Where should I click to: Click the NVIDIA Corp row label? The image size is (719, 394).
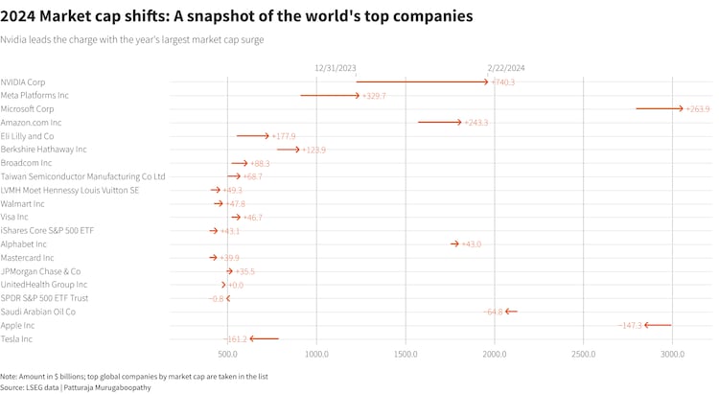click(23, 82)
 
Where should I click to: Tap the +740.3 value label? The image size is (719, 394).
click(502, 82)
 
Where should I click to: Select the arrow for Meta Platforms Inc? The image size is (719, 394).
click(331, 96)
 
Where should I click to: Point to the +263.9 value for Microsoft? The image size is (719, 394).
click(697, 109)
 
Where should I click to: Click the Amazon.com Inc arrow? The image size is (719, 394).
click(440, 123)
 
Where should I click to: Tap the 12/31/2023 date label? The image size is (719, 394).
click(336, 68)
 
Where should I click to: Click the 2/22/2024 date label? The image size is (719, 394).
click(506, 68)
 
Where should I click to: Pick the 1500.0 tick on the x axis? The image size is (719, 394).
click(406, 354)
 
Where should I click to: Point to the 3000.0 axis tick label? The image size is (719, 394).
click(672, 354)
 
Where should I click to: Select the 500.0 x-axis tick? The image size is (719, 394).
click(228, 354)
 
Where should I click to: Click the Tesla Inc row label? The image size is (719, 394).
click(16, 339)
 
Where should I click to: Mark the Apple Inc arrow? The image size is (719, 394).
click(658, 326)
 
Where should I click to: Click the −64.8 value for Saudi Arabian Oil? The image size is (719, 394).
click(494, 313)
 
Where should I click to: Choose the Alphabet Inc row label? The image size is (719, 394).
click(24, 244)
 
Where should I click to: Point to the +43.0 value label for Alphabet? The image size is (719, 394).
click(472, 244)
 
